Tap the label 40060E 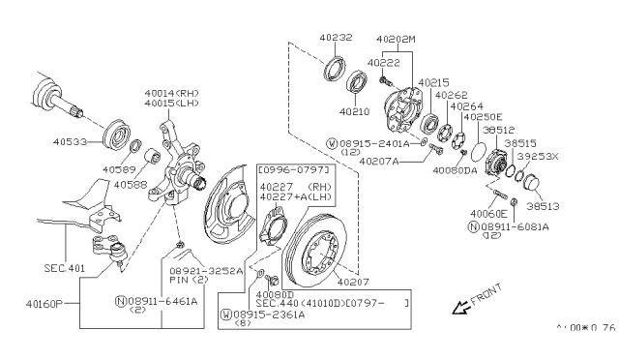click(x=487, y=213)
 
